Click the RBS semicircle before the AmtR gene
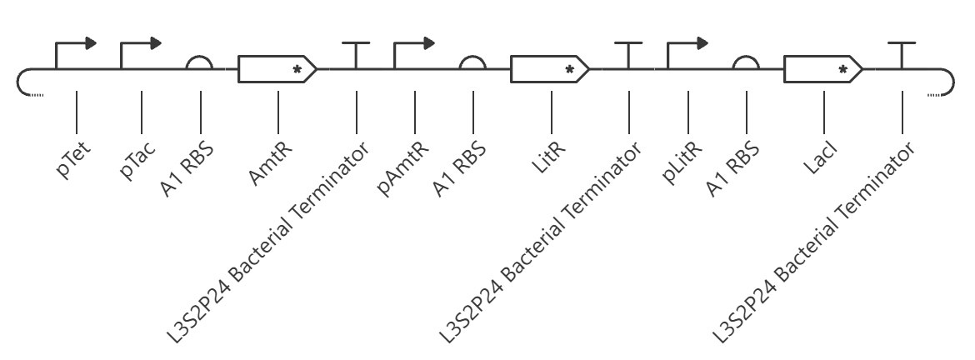[200, 57]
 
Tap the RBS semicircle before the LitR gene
[472, 57]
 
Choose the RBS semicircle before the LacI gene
[746, 57]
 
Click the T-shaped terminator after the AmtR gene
[356, 55]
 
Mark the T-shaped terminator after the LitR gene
[628, 55]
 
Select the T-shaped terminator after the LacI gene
[902, 55]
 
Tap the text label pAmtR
[403, 169]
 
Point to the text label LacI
[819, 158]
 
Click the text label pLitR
[682, 162]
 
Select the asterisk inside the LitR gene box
[569, 70]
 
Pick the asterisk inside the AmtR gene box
[297, 70]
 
